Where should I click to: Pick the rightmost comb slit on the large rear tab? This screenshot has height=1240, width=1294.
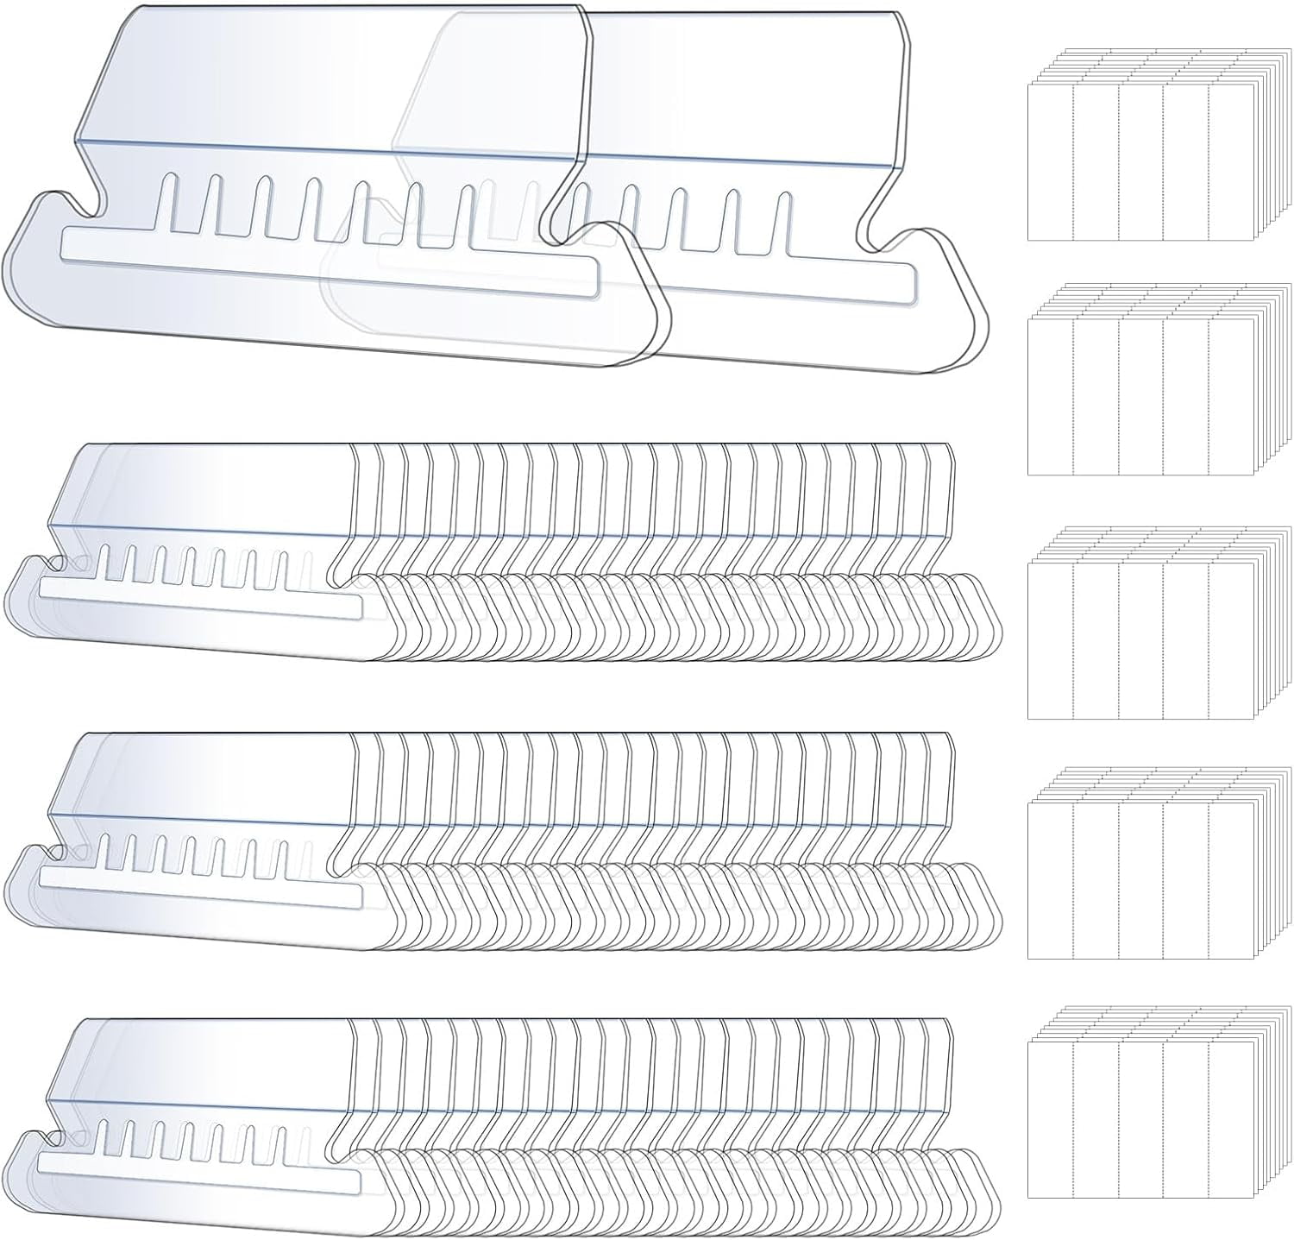point(783,221)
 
